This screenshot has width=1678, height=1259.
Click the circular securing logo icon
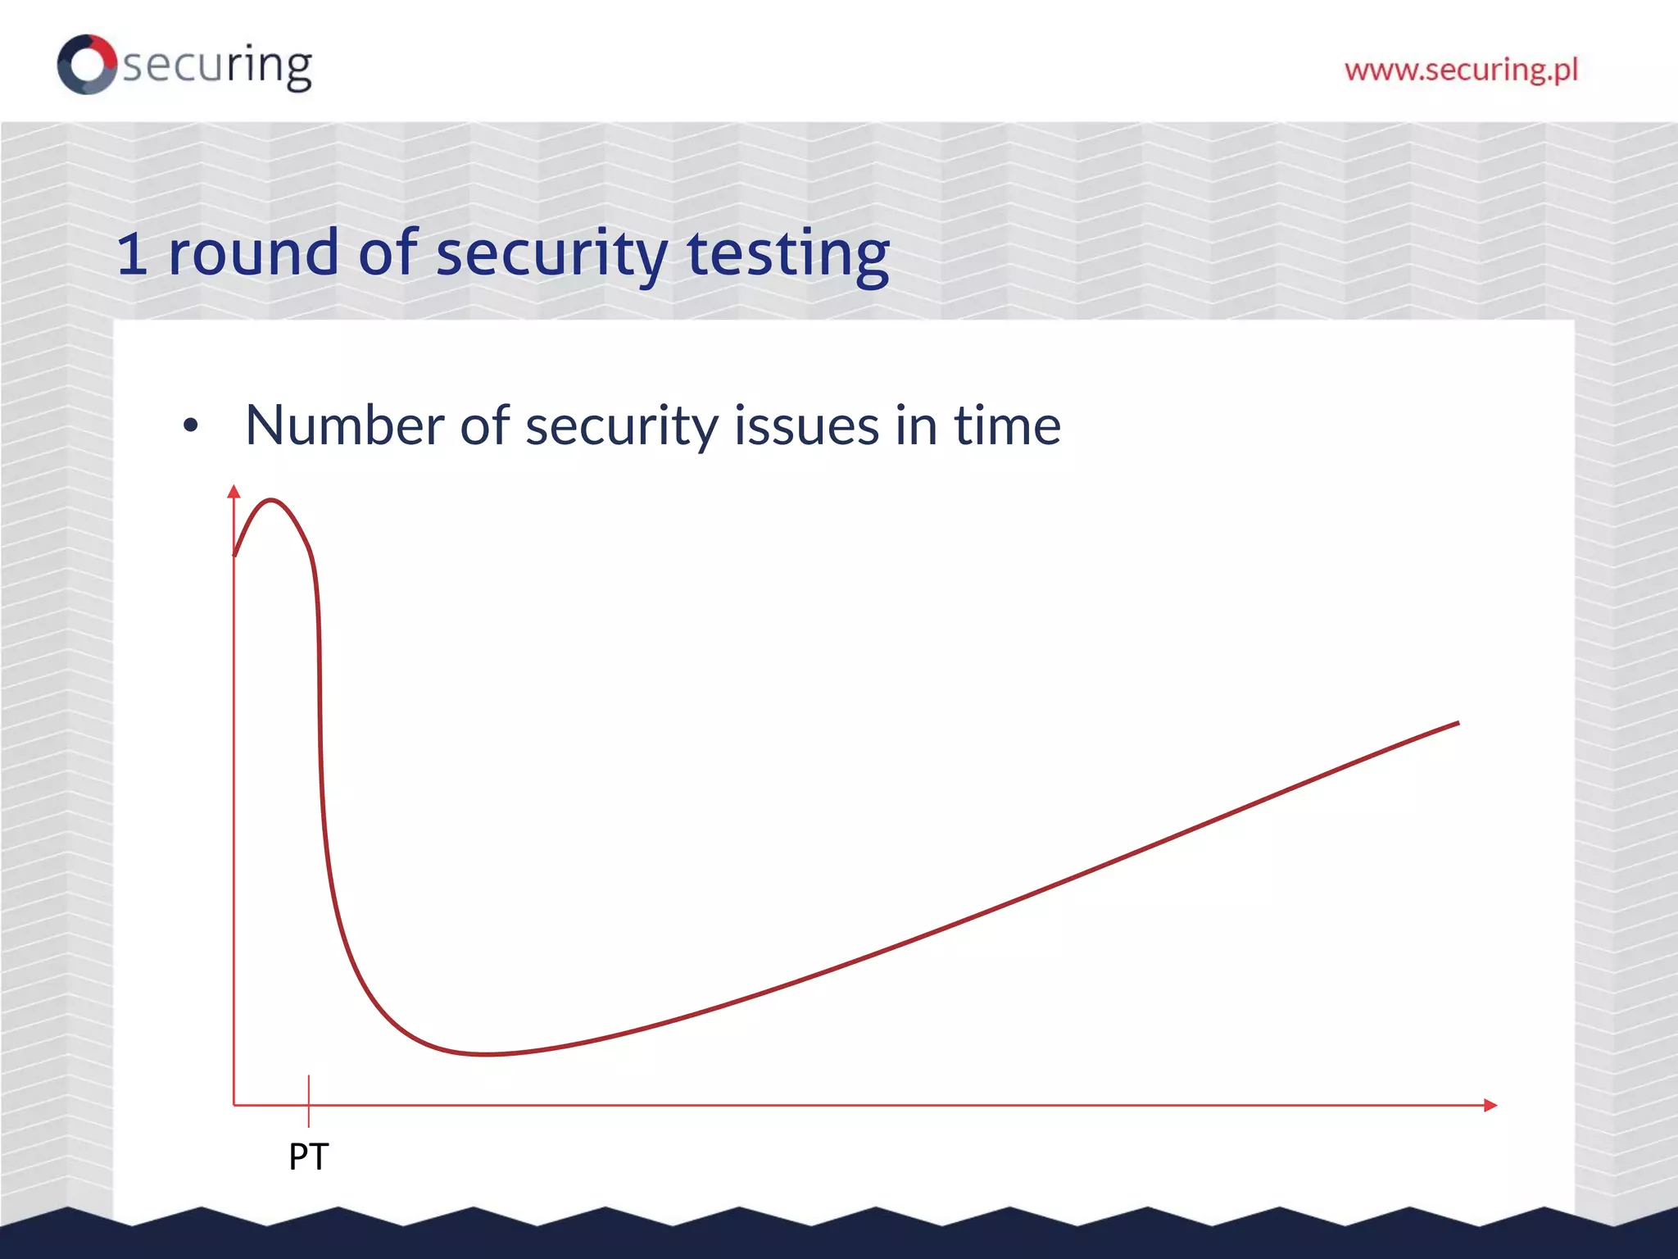[87, 64]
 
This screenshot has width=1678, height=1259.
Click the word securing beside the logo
[217, 66]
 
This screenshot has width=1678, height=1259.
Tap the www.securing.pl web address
[1461, 70]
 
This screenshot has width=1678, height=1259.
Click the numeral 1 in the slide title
[132, 253]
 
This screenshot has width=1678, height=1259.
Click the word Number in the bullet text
[344, 425]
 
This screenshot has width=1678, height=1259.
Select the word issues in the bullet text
[806, 425]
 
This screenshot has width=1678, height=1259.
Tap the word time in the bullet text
[1007, 425]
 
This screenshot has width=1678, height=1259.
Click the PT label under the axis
[309, 1157]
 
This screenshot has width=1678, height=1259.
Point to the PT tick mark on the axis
[309, 1100]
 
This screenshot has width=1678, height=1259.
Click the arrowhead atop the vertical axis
[234, 491]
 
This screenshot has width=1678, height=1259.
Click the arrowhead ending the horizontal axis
[1490, 1105]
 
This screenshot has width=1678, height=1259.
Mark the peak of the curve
[271, 499]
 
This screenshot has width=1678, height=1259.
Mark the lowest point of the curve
[487, 1054]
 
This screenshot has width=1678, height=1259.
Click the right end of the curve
[1458, 723]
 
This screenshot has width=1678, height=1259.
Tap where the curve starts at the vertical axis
[235, 555]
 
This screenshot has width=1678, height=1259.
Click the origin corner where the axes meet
[234, 1105]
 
